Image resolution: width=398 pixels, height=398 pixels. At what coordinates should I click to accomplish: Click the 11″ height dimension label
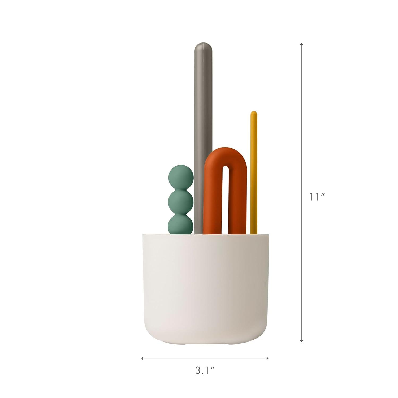317,197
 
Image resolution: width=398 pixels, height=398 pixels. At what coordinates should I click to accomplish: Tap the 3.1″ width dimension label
205,371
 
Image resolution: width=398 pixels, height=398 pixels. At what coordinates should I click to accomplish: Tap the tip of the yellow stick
254,114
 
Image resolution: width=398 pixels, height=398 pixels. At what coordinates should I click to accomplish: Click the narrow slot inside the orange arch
225,199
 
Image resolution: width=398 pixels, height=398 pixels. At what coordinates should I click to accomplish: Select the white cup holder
205,287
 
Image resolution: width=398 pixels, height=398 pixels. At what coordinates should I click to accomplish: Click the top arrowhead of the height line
302,44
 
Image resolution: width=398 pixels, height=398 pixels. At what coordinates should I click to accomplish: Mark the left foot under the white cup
185,344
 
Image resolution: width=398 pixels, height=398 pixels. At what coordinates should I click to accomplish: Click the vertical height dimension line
302,133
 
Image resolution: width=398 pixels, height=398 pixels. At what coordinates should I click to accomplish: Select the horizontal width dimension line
205,358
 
